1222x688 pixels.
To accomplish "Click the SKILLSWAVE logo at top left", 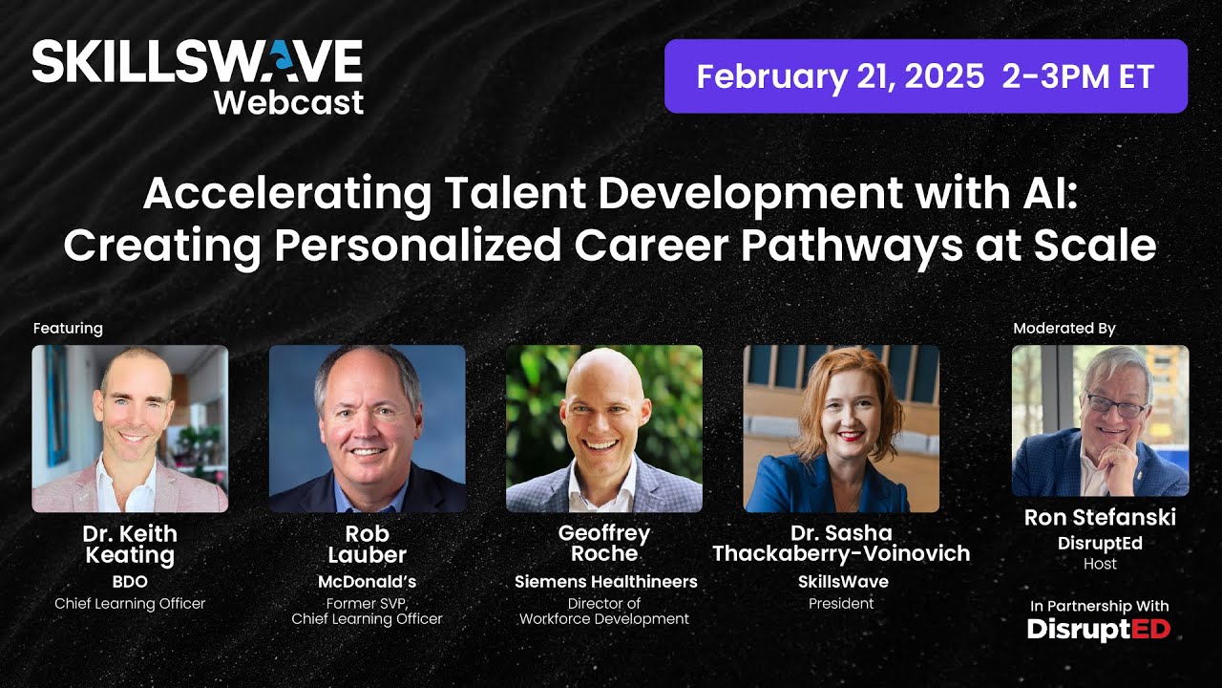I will (197, 63).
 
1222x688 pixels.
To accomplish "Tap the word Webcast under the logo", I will (288, 101).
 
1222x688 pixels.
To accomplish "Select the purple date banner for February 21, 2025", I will (925, 76).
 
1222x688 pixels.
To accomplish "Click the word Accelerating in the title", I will (287, 196).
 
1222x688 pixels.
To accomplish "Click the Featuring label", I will (68, 329).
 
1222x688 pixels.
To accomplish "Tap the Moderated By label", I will (1064, 329).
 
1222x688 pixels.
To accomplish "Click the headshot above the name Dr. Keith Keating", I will (130, 428).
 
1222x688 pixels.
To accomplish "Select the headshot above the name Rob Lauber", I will (368, 428).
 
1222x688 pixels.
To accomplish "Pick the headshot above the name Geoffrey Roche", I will (604, 428).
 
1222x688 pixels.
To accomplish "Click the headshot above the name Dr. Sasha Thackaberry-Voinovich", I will (841, 428).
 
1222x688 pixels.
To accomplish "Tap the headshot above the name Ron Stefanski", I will (1100, 420).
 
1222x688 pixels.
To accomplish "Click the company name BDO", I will (130, 581).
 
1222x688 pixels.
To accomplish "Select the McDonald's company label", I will (368, 581).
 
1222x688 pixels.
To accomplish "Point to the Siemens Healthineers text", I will (605, 581).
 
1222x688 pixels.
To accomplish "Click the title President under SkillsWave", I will (841, 604).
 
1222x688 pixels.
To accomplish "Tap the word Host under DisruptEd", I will (1100, 564).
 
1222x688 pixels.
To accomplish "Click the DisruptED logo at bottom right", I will (1099, 629).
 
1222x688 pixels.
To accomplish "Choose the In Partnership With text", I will (1099, 606).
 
